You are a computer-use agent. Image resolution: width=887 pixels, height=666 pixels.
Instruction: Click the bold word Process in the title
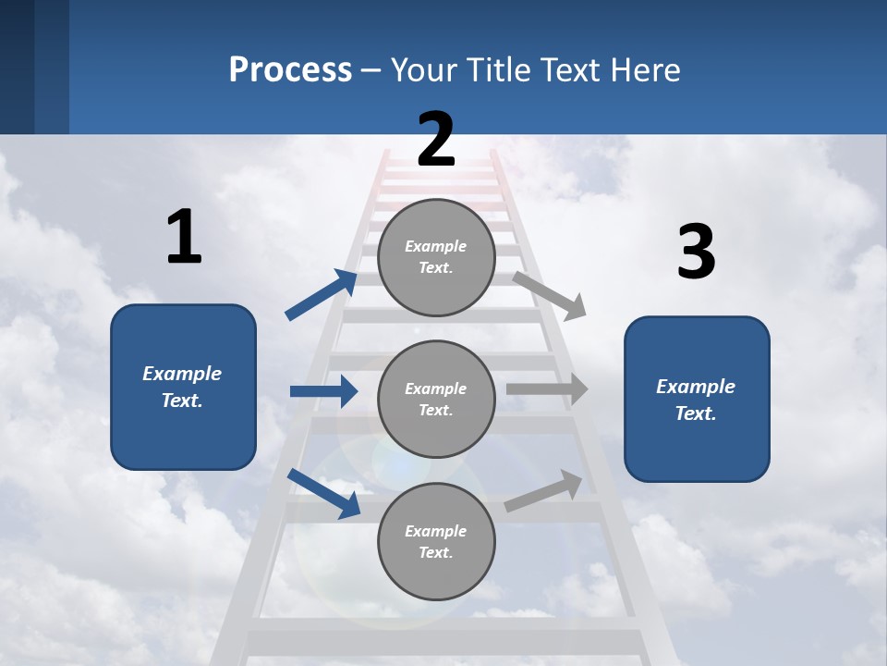(x=290, y=69)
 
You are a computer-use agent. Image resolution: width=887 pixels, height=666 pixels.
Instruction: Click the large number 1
(x=184, y=237)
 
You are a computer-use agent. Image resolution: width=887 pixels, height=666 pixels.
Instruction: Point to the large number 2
(x=436, y=140)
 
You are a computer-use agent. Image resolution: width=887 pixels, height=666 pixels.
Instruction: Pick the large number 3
(x=697, y=253)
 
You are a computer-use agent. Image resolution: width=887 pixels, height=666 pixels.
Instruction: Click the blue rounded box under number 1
(x=183, y=387)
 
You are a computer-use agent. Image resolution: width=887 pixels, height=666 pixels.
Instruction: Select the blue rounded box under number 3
(x=697, y=399)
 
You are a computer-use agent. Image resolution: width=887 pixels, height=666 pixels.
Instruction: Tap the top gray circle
(x=436, y=257)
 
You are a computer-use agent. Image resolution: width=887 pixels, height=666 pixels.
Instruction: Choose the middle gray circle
(x=436, y=399)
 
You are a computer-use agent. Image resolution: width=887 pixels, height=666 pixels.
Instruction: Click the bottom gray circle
(x=436, y=541)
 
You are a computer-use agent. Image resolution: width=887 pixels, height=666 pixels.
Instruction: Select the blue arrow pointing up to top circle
(x=322, y=295)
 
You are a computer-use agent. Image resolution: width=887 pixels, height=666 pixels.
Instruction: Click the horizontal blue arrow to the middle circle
(x=323, y=391)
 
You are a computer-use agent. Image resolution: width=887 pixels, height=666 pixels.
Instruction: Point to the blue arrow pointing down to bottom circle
(x=324, y=493)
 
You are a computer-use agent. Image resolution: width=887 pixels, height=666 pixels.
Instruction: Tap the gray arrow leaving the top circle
(x=550, y=295)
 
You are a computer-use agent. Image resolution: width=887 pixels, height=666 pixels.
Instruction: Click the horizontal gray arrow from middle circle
(x=547, y=389)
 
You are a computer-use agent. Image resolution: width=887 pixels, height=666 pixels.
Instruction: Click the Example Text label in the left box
(x=182, y=387)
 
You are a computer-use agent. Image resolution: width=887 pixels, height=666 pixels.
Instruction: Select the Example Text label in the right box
(x=696, y=400)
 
